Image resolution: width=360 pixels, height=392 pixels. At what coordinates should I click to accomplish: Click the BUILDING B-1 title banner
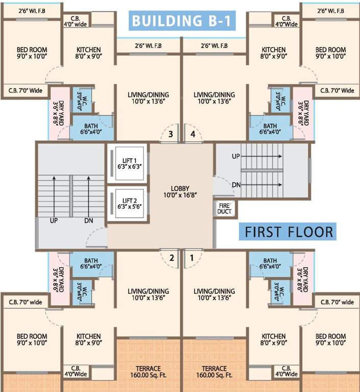click(x=182, y=21)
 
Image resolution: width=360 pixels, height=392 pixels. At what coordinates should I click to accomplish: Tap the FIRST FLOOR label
click(x=289, y=231)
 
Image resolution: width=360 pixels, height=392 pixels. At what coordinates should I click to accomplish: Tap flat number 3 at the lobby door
click(x=172, y=134)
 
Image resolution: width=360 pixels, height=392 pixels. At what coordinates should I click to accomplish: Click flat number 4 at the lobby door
click(x=193, y=134)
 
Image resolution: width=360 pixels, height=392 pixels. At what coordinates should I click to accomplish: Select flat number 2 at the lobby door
click(x=172, y=258)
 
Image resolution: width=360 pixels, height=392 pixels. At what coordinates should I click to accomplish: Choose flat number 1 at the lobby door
click(x=192, y=258)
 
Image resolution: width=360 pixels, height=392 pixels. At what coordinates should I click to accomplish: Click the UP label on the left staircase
click(x=53, y=221)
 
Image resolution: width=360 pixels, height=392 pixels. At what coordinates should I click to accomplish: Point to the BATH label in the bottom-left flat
click(x=91, y=263)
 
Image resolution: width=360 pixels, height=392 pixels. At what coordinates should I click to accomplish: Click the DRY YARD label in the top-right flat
click(x=303, y=113)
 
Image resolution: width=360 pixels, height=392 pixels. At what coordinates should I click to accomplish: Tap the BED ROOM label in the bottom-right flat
click(x=330, y=339)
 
